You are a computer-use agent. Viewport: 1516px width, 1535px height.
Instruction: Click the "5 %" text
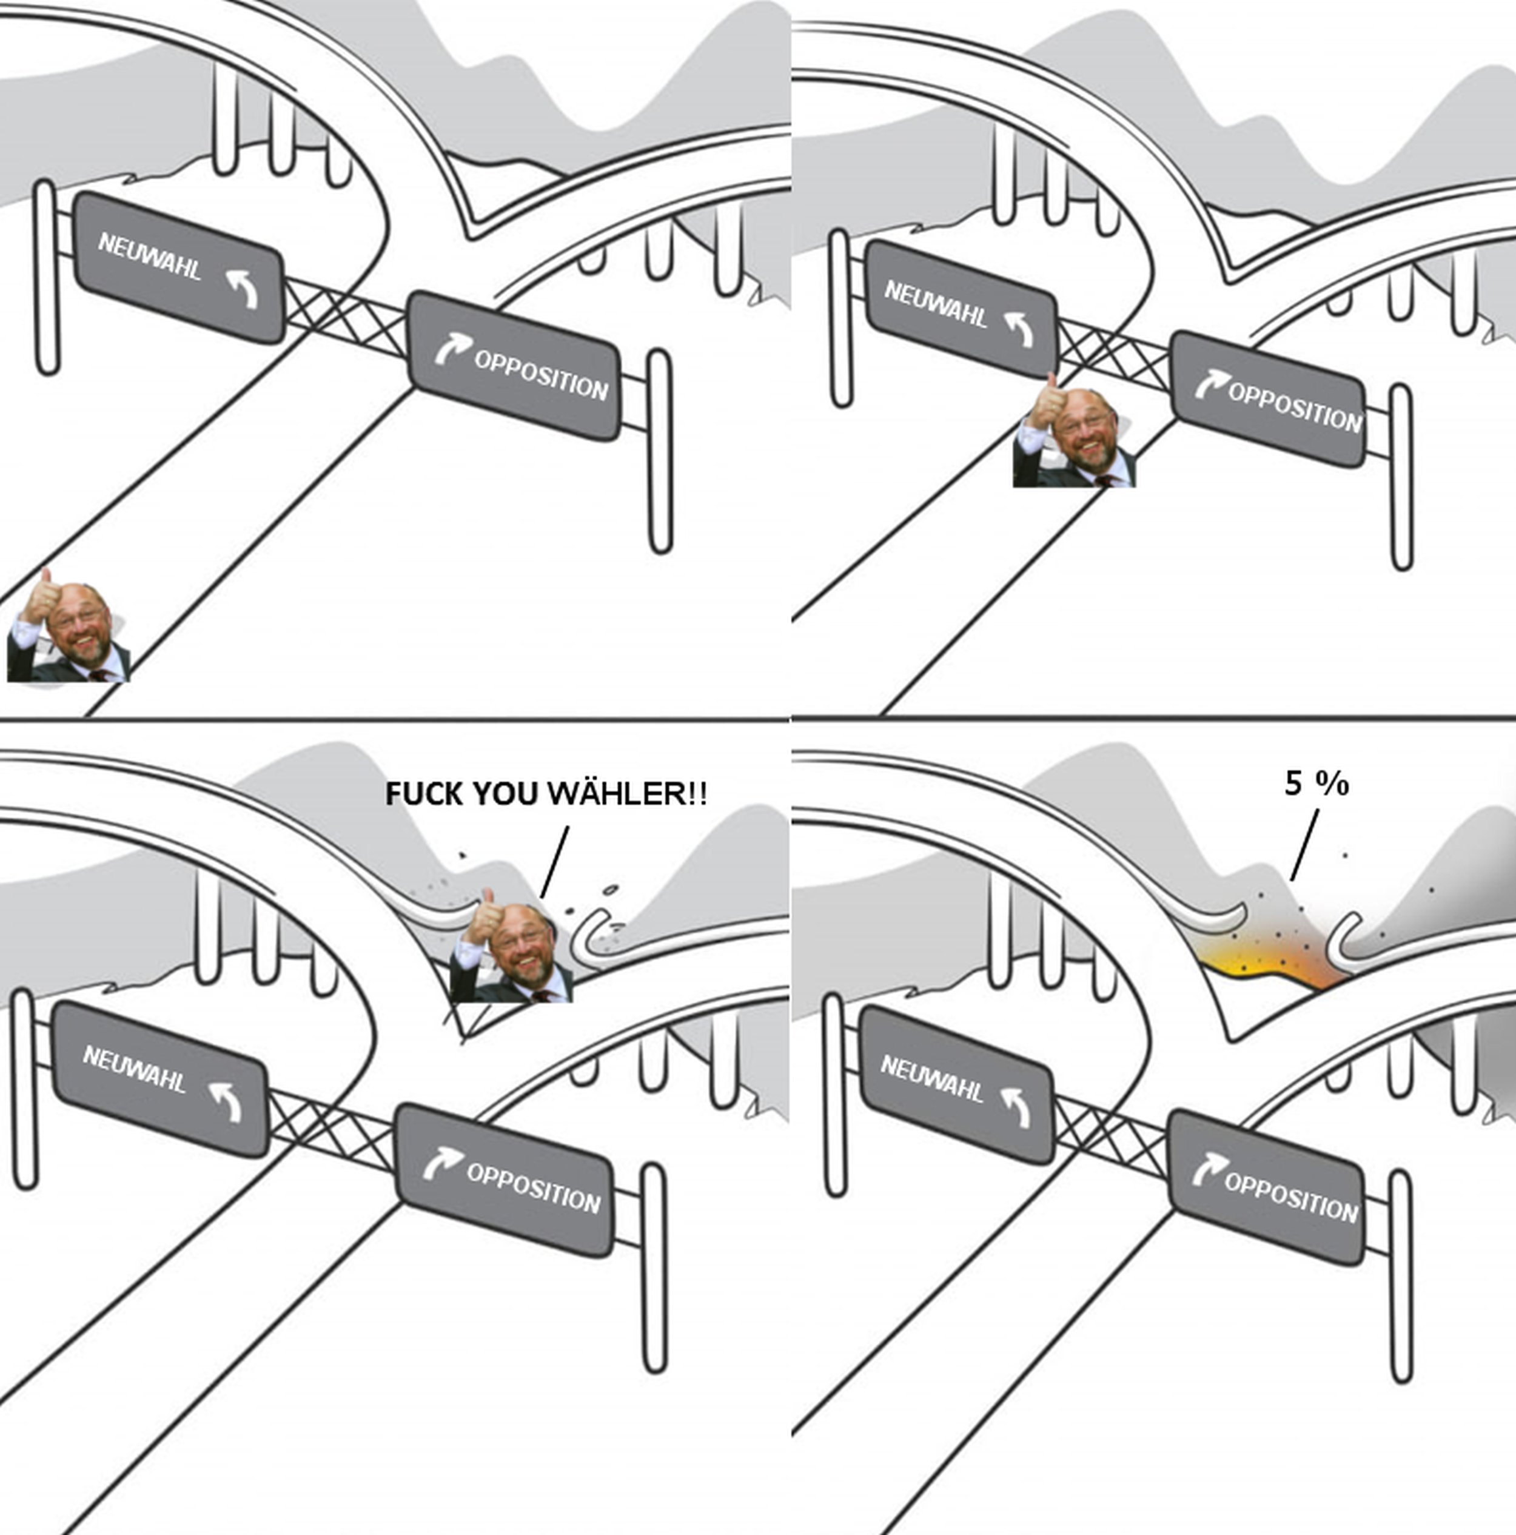point(1316,784)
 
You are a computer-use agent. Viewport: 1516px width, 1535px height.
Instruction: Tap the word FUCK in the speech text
point(425,794)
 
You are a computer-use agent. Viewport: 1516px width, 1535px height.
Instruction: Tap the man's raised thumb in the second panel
point(1050,391)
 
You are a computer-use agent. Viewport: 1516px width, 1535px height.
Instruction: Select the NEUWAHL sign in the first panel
point(179,267)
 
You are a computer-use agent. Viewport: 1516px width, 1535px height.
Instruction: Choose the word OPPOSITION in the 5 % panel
point(1290,1197)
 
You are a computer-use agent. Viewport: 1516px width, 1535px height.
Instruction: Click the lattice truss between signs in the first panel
point(346,318)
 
